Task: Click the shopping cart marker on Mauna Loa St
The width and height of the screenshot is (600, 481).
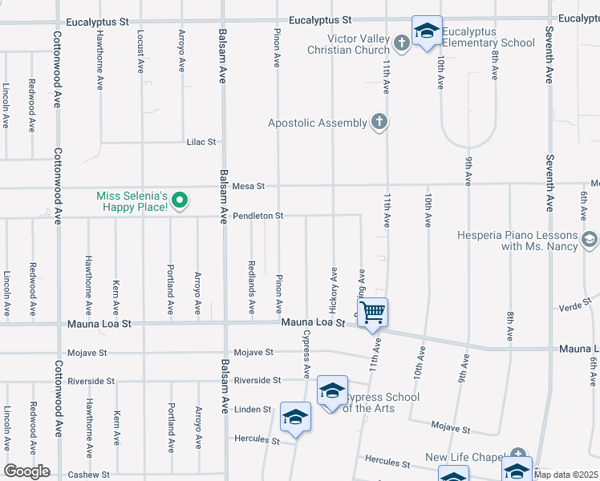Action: pos(373,311)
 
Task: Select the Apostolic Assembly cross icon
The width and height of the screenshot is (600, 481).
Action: pos(379,123)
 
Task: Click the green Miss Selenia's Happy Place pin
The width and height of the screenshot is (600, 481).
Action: pos(180,200)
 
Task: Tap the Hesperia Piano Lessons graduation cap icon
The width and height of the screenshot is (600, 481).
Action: pos(590,240)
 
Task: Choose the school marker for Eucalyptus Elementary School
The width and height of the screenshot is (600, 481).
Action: pos(427,30)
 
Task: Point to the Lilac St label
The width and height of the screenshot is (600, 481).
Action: pos(201,142)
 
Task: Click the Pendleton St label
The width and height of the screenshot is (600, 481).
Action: pos(258,216)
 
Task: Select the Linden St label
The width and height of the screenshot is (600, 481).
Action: pos(253,410)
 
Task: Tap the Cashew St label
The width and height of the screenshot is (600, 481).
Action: pos(88,475)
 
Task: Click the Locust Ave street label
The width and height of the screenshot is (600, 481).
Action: pos(140,53)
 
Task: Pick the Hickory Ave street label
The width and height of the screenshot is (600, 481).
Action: pos(333,289)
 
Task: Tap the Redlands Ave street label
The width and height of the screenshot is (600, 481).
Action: pos(252,287)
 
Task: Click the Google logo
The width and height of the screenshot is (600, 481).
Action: pos(26,471)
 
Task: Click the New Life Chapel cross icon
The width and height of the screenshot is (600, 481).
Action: pos(518,455)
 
